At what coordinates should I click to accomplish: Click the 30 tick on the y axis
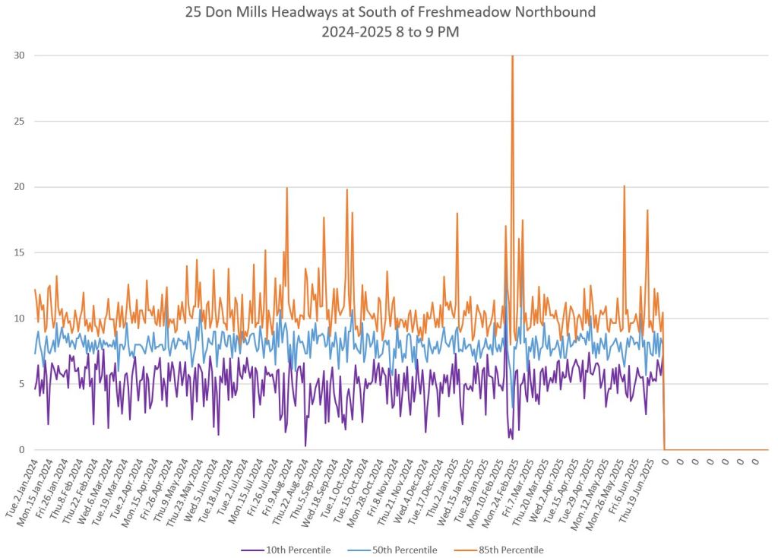(x=17, y=55)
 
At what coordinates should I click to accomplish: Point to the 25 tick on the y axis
(x=17, y=121)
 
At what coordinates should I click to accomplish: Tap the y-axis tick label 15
(x=17, y=252)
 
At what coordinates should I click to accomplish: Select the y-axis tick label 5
(x=20, y=384)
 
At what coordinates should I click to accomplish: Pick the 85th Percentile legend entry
(x=511, y=550)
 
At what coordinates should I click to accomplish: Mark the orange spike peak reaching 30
(x=513, y=56)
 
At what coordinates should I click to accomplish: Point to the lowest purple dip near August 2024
(x=305, y=445)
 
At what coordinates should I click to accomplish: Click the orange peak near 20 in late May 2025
(x=625, y=186)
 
